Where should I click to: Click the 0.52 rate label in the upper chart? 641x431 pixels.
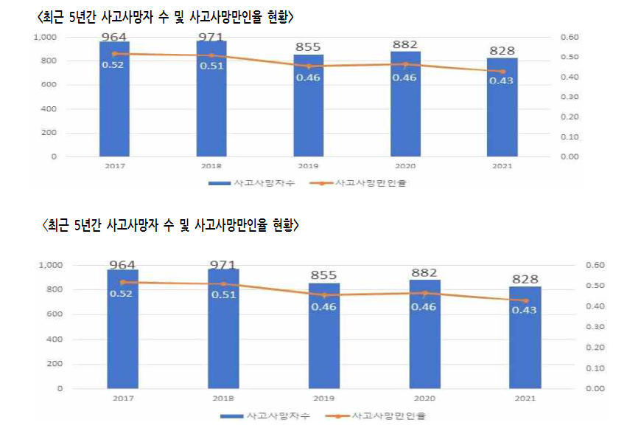(x=113, y=65)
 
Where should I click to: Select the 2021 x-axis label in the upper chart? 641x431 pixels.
(x=502, y=167)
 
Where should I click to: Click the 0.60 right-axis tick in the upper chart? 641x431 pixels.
(x=571, y=37)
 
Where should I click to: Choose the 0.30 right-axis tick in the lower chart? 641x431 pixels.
(x=594, y=327)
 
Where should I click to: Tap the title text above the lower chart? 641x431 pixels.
(x=171, y=225)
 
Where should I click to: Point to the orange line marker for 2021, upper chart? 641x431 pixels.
(x=502, y=72)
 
